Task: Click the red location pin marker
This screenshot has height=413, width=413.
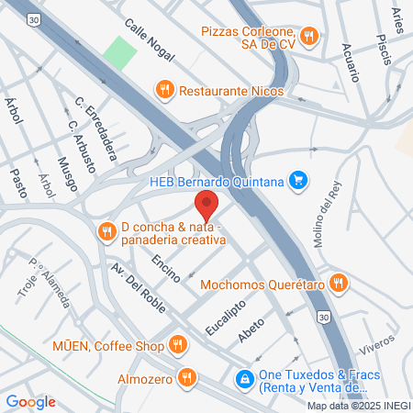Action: [206, 204]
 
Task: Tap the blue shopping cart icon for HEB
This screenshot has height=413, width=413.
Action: [297, 180]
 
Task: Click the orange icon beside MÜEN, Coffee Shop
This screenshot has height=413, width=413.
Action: [178, 345]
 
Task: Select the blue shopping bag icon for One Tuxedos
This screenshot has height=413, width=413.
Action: [244, 376]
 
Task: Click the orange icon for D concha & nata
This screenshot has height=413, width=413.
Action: [107, 230]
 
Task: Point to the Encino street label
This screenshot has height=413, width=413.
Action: [166, 266]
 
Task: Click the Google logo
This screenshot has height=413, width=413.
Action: [30, 401]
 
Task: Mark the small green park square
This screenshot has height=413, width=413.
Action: [118, 51]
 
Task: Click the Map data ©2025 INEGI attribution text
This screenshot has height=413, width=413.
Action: [357, 406]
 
